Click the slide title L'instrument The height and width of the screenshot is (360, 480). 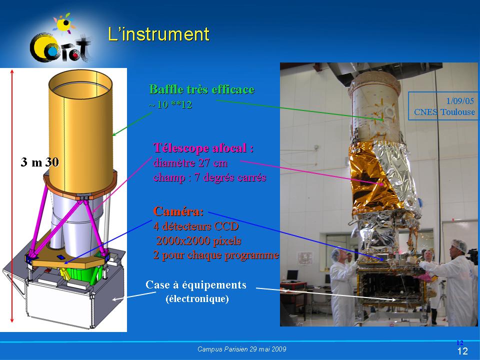(159, 34)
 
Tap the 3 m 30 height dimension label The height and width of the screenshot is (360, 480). (40, 162)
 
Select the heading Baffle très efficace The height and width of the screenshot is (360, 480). (201, 89)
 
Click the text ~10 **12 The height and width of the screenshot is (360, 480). (170, 104)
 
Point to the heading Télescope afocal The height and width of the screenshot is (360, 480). (203, 148)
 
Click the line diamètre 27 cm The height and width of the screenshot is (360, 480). (190, 162)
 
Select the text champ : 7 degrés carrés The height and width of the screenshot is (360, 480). (209, 177)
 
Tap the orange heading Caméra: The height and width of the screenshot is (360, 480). (178, 211)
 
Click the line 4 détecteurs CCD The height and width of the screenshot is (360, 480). (196, 226)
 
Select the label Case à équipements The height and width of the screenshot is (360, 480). (196, 284)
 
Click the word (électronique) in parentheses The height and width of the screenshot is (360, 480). (197, 298)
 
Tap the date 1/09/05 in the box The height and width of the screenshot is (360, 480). (460, 100)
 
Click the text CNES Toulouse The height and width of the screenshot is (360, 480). (444, 112)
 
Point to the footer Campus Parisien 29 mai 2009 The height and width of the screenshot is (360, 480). (242, 349)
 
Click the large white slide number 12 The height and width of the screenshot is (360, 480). (462, 351)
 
